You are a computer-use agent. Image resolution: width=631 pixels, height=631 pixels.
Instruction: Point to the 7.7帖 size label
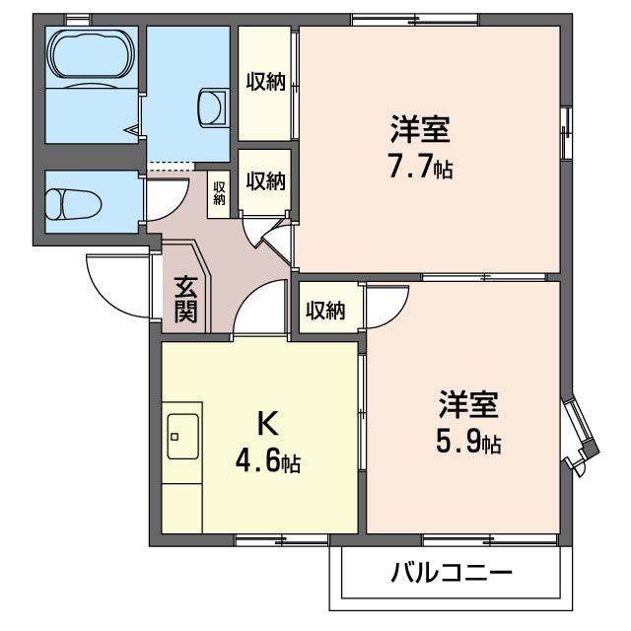click(x=420, y=167)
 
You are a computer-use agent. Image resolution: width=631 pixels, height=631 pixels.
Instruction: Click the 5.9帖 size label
click(x=468, y=443)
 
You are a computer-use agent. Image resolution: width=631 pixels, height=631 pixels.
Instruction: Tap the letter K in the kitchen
click(x=267, y=423)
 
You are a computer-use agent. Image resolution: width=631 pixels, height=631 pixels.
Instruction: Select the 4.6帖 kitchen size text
click(x=267, y=459)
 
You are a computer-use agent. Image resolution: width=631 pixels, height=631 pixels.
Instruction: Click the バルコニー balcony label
click(x=451, y=573)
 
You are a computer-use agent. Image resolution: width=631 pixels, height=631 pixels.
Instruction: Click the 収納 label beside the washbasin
click(x=265, y=82)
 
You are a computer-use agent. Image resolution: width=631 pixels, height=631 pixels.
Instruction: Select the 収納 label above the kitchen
click(x=324, y=311)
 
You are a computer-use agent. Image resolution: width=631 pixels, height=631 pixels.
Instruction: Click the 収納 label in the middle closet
click(x=265, y=181)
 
